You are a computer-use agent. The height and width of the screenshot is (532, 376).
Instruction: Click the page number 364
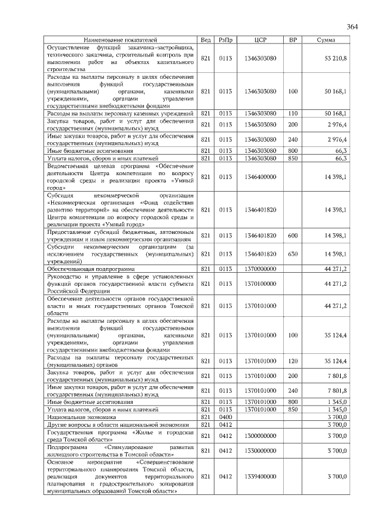click(x=352, y=27)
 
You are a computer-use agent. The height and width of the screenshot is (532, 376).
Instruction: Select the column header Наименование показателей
click(x=120, y=40)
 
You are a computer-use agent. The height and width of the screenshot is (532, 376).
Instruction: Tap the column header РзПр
click(x=225, y=40)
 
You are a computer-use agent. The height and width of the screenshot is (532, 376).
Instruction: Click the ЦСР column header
click(x=261, y=40)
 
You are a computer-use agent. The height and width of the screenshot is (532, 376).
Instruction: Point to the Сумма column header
click(x=326, y=40)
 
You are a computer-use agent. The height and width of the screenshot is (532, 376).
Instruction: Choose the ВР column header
click(x=293, y=40)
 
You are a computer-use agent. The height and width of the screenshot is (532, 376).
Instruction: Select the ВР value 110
click(x=293, y=113)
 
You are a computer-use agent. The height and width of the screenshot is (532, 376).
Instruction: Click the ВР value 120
click(x=293, y=360)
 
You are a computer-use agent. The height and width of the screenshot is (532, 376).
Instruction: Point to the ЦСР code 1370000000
click(x=261, y=268)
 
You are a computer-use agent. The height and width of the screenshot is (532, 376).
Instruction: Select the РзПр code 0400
click(x=225, y=416)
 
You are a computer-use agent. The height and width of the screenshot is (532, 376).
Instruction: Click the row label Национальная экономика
click(x=75, y=416)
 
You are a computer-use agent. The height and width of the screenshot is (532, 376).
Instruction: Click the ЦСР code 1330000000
click(x=261, y=450)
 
